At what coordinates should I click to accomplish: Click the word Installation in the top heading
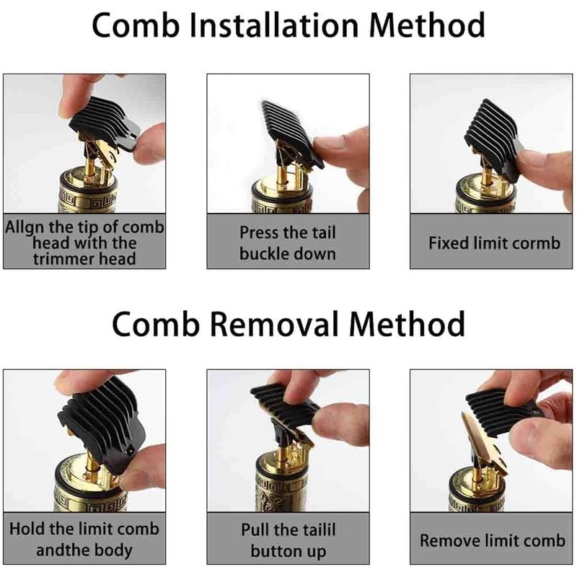click(x=274, y=25)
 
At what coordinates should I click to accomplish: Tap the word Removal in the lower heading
click(x=274, y=323)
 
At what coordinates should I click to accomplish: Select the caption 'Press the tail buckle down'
click(x=288, y=243)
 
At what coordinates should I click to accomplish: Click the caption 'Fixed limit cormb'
click(x=494, y=243)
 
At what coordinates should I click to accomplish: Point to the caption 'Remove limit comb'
click(x=493, y=540)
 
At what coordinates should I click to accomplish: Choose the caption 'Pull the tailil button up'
click(x=288, y=540)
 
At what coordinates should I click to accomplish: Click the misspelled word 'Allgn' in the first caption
click(x=25, y=228)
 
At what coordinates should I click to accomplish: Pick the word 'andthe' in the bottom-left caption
click(x=63, y=550)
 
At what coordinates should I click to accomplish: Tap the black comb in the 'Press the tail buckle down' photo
click(x=291, y=134)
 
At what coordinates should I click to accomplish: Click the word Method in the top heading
click(x=426, y=25)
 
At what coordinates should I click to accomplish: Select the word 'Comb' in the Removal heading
click(x=155, y=323)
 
